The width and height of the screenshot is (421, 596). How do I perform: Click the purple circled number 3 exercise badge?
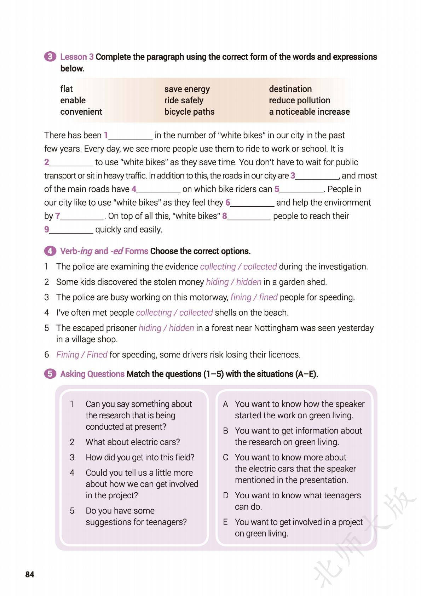(50, 57)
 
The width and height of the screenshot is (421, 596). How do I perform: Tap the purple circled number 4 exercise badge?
(50, 251)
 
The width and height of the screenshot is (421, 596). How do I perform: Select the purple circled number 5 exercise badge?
(50, 374)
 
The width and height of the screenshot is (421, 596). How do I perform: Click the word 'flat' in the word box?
(67, 89)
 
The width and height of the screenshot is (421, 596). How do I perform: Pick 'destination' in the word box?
(290, 89)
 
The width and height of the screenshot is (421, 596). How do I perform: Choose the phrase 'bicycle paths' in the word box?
(189, 111)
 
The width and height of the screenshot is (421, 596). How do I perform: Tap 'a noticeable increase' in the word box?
(309, 111)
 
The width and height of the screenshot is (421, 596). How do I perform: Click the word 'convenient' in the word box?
(81, 111)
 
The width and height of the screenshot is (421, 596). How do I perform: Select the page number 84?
(30, 574)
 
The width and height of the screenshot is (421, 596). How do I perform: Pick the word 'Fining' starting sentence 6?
(67, 354)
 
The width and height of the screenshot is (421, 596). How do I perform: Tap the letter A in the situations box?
(225, 404)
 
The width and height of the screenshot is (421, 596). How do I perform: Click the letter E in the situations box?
(225, 522)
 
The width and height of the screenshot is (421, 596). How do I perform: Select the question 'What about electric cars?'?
(133, 442)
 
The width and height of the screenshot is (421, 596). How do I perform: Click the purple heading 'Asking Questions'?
(92, 374)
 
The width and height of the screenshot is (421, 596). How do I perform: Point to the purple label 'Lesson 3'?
(77, 57)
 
